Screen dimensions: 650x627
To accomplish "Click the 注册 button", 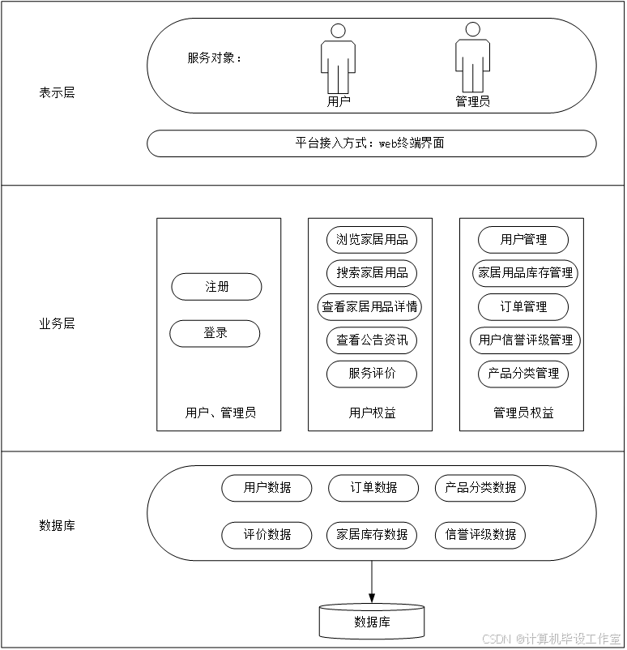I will [x=216, y=287].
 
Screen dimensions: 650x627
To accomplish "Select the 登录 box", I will [x=215, y=333].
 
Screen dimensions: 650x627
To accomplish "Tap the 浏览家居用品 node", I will [x=372, y=240].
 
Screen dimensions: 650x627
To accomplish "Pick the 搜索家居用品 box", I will [x=372, y=273].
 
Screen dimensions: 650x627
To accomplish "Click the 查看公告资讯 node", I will [x=372, y=341].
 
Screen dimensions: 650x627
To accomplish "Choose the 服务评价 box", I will [x=372, y=374].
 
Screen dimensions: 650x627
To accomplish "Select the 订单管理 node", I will [x=523, y=307].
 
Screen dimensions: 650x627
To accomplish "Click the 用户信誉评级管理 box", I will [x=525, y=340].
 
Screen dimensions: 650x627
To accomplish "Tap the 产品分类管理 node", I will [x=523, y=374].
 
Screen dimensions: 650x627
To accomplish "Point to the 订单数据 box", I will [x=373, y=488].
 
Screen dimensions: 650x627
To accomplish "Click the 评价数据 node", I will [x=267, y=535].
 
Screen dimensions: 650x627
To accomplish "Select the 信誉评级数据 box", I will [x=480, y=535].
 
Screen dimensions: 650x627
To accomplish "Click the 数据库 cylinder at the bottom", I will [x=372, y=622].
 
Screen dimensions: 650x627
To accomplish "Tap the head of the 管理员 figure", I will [x=472, y=30].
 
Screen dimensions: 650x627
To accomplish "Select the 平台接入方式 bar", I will [x=371, y=143].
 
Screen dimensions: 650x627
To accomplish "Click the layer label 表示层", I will [x=57, y=93].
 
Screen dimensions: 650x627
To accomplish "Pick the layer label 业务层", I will [x=57, y=324].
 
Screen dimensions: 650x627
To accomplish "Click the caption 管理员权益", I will [x=523, y=413].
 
